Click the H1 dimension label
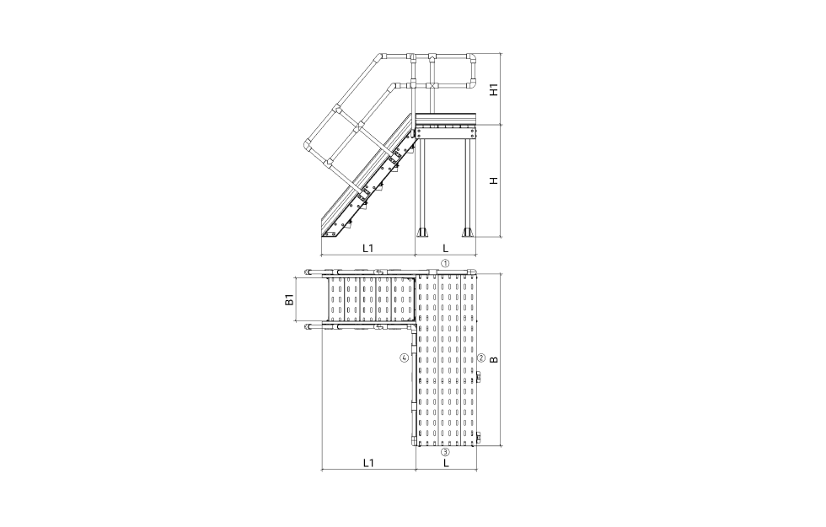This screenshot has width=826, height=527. (494, 89)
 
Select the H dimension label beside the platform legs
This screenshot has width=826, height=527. (494, 180)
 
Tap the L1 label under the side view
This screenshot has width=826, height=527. (367, 248)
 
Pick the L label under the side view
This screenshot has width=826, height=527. (446, 248)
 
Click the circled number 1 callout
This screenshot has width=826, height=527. (445, 263)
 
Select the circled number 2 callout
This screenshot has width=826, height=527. (481, 358)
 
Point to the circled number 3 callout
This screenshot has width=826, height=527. (445, 452)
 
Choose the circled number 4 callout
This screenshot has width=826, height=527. (404, 358)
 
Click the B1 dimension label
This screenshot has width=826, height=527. (288, 301)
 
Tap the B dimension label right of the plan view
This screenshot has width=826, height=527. (494, 360)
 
